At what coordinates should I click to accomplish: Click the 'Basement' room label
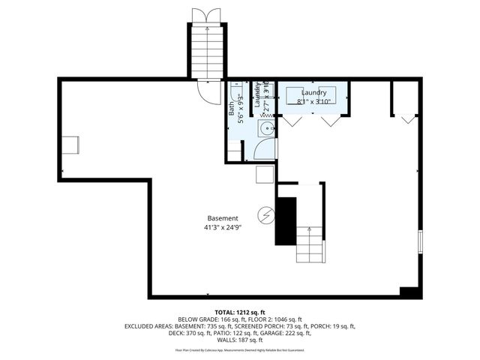[x=223, y=218]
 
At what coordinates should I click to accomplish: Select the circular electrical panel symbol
[x=265, y=215]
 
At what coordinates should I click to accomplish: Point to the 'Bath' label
[x=232, y=109]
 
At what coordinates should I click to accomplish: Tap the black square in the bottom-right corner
[x=409, y=291]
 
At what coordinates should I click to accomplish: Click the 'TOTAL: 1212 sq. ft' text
[x=240, y=312]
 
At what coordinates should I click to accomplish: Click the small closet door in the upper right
[x=407, y=118]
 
